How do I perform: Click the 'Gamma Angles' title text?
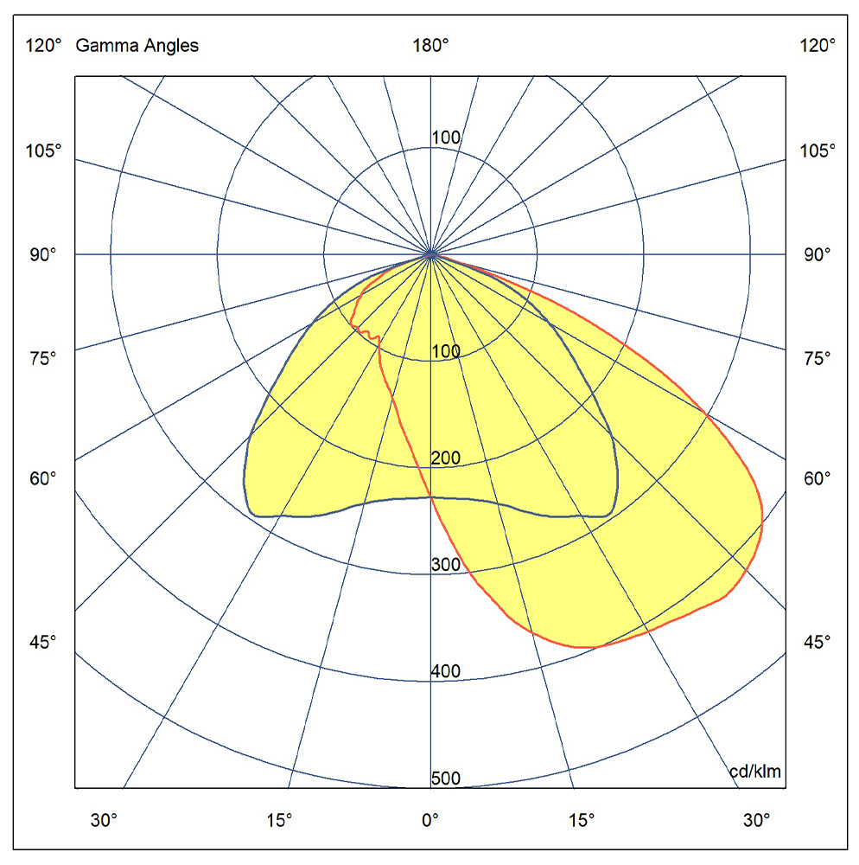(x=137, y=47)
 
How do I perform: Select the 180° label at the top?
(x=430, y=47)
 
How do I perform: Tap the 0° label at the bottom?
(x=430, y=820)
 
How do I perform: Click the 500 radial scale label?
(x=446, y=778)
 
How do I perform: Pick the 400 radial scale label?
(x=446, y=671)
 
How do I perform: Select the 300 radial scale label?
(x=446, y=565)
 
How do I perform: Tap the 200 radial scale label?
(x=446, y=458)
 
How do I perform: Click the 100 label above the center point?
(x=446, y=138)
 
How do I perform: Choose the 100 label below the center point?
(x=446, y=351)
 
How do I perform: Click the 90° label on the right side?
(x=817, y=254)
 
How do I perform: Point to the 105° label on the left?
(x=43, y=151)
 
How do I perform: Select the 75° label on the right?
(x=817, y=357)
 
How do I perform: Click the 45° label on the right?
(x=817, y=642)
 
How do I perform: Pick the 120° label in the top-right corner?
(x=818, y=47)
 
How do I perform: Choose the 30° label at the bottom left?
(x=105, y=820)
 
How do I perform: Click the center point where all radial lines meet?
(x=430, y=254)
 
